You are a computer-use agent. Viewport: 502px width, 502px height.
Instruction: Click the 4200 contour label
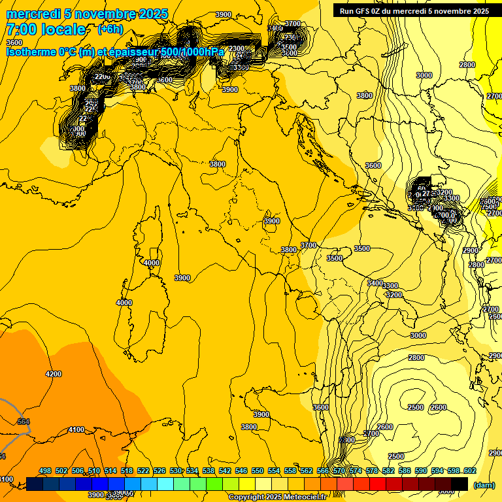54,374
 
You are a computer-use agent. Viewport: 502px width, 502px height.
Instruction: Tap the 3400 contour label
375,283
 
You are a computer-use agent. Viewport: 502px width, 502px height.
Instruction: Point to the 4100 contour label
76,429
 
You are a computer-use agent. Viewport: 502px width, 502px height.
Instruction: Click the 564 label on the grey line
24,422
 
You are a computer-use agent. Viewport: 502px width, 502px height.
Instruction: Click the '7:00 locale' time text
46,29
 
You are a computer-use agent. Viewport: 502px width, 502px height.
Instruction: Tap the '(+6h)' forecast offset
109,29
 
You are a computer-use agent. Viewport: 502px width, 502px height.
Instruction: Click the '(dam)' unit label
484,485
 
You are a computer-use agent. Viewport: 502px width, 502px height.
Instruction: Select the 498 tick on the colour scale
45,471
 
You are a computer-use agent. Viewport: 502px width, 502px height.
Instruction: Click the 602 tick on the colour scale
469,471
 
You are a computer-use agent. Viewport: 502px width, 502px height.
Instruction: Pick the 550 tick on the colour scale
258,471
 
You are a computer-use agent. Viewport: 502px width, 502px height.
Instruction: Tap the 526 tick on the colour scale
159,471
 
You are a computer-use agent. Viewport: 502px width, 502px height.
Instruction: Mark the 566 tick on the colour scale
323,471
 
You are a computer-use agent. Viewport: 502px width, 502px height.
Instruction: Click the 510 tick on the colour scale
94,471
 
